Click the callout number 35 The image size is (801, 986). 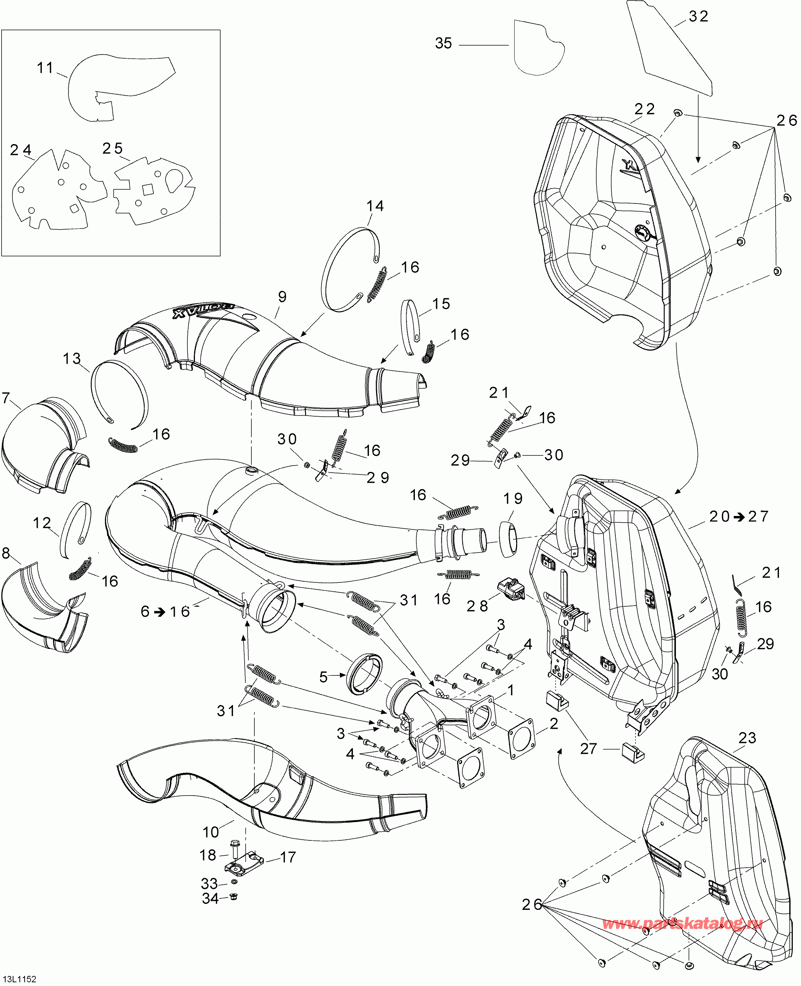tap(443, 43)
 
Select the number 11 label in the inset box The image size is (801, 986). tap(45, 68)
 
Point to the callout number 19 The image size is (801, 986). tap(513, 498)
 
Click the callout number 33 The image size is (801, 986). tap(209, 884)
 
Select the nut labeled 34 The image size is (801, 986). tap(233, 897)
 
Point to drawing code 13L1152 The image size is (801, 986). tap(19, 979)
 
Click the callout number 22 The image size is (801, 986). tap(645, 109)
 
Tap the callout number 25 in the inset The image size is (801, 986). tap(112, 149)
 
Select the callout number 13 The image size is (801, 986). tap(72, 358)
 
